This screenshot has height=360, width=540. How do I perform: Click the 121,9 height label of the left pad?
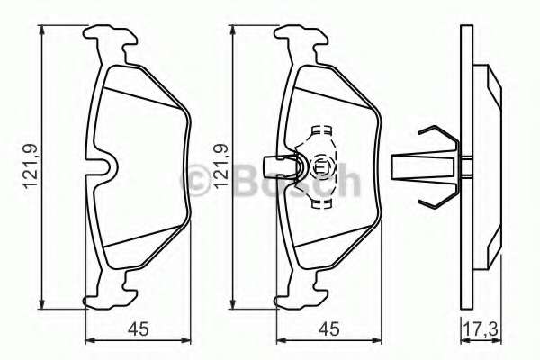(x=31, y=166)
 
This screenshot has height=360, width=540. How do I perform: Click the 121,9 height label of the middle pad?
(x=221, y=166)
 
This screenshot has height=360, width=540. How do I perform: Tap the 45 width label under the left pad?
(x=139, y=328)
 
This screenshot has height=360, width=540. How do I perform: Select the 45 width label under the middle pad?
(x=329, y=328)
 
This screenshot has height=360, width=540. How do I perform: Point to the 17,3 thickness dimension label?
(x=481, y=328)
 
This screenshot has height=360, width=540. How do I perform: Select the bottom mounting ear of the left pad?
(x=110, y=290)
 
